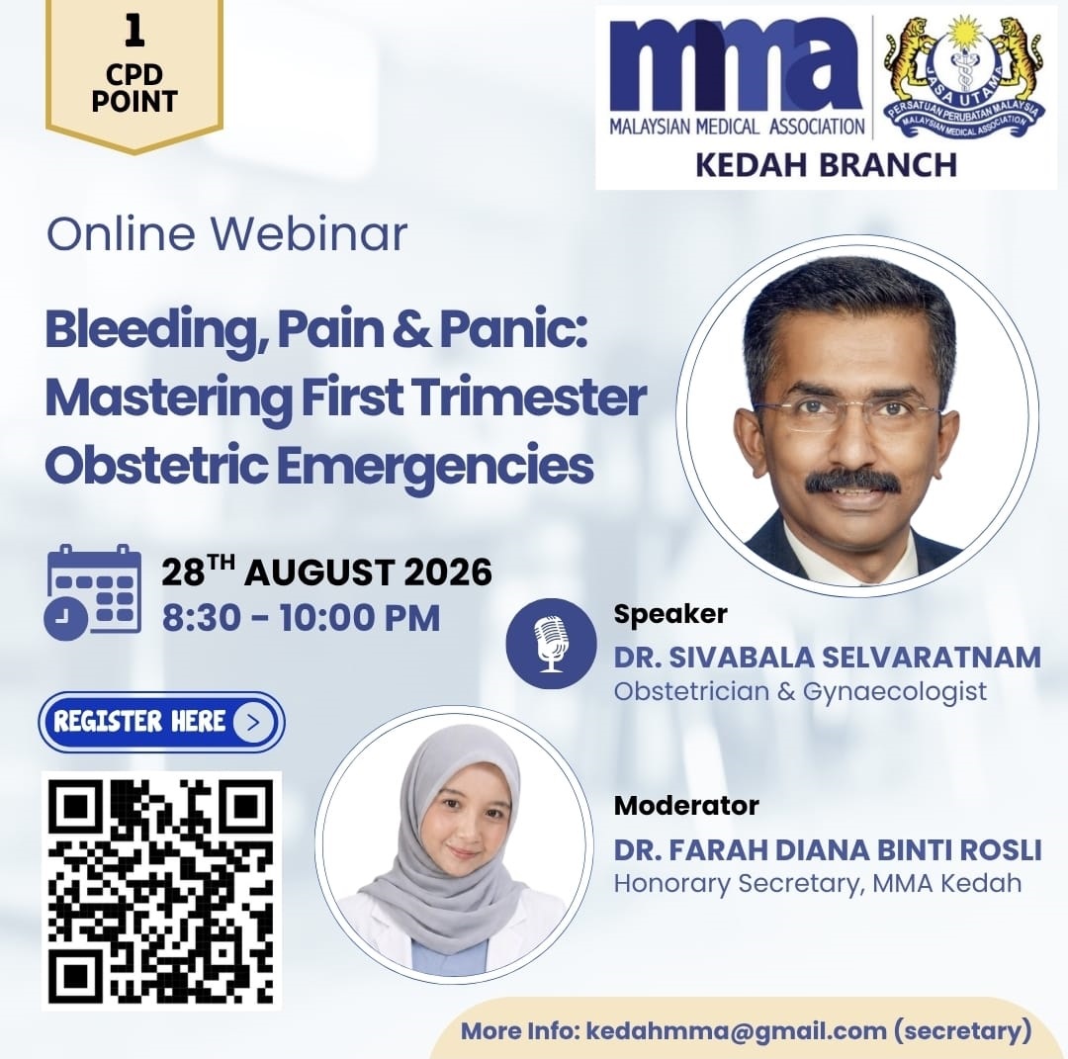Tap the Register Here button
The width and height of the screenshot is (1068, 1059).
tap(161, 722)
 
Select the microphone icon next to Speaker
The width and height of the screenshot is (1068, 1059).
tap(551, 644)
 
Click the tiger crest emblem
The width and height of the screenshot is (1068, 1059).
tap(964, 76)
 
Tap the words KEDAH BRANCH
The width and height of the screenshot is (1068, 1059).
tap(826, 165)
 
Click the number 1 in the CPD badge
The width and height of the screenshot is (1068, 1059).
tap(134, 32)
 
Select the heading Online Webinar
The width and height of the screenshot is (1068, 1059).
tap(226, 233)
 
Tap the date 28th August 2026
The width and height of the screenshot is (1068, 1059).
tap(327, 572)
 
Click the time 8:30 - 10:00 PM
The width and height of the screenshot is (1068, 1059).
tap(301, 618)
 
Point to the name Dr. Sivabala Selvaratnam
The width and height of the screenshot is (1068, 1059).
tap(828, 658)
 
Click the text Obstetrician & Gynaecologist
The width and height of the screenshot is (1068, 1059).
tap(800, 691)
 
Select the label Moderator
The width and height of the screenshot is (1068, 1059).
tap(686, 806)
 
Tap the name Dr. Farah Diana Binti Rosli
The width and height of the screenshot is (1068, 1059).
tap(828, 850)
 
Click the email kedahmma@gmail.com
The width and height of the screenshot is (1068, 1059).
tap(737, 1030)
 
